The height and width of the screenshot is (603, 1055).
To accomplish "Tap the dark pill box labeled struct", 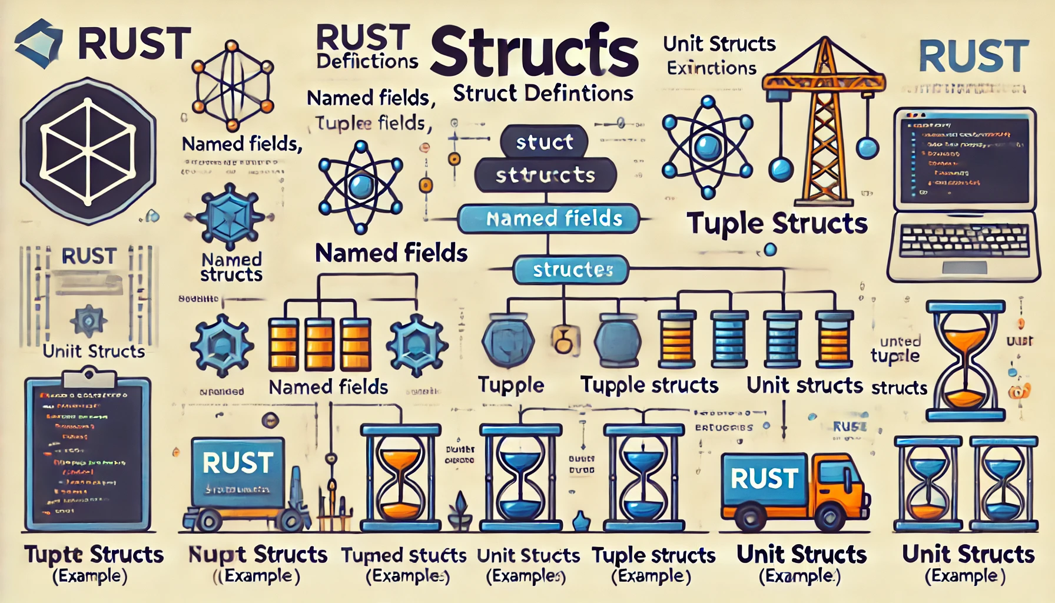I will [x=544, y=142].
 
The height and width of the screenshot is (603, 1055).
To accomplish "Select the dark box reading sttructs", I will [x=545, y=175].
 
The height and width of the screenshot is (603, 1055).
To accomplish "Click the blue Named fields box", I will [x=549, y=219].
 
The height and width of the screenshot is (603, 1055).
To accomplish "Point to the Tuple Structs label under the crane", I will [x=777, y=224].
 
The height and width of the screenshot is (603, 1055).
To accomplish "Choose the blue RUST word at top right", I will [x=974, y=57].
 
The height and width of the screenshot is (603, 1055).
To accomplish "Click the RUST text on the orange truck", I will [x=764, y=479].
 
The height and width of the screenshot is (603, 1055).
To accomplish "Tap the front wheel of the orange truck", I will [x=830, y=518].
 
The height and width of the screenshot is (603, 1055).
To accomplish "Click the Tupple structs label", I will [x=649, y=385].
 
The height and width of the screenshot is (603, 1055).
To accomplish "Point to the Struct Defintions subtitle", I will [x=543, y=94].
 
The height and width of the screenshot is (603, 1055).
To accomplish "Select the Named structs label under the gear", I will [x=231, y=267].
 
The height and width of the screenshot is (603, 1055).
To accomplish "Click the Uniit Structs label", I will [x=94, y=352].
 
